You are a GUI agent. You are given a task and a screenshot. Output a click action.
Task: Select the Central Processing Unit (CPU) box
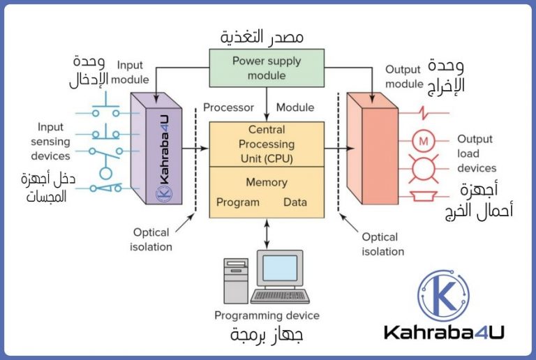tap(267, 144)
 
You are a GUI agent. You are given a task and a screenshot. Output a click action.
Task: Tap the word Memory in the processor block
tap(267, 182)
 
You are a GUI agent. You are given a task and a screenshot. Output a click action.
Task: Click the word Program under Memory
tap(237, 203)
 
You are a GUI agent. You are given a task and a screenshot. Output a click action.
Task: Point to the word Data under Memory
tap(295, 203)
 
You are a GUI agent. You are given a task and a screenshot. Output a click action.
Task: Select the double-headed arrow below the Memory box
tap(267, 234)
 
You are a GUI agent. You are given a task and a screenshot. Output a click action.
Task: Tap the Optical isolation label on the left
tap(151, 239)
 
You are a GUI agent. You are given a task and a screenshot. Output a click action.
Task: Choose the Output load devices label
tap(477, 153)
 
